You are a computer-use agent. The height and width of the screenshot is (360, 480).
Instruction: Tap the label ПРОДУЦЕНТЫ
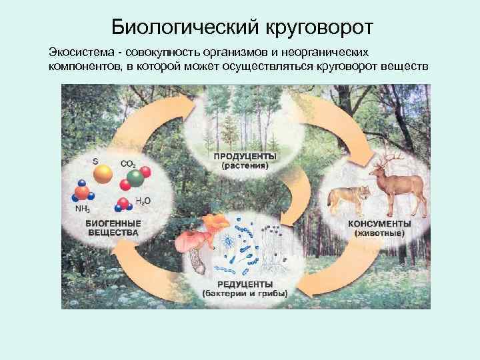tap(245, 157)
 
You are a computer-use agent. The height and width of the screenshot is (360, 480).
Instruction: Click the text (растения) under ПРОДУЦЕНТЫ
tap(245, 167)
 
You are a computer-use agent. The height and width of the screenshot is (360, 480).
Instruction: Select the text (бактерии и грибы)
tap(245, 293)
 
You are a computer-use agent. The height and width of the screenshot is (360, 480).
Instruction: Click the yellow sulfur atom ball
tap(103, 174)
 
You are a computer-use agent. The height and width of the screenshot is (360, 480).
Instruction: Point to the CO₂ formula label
tap(128, 163)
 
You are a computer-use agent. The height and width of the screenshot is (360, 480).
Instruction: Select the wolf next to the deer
tap(350, 196)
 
